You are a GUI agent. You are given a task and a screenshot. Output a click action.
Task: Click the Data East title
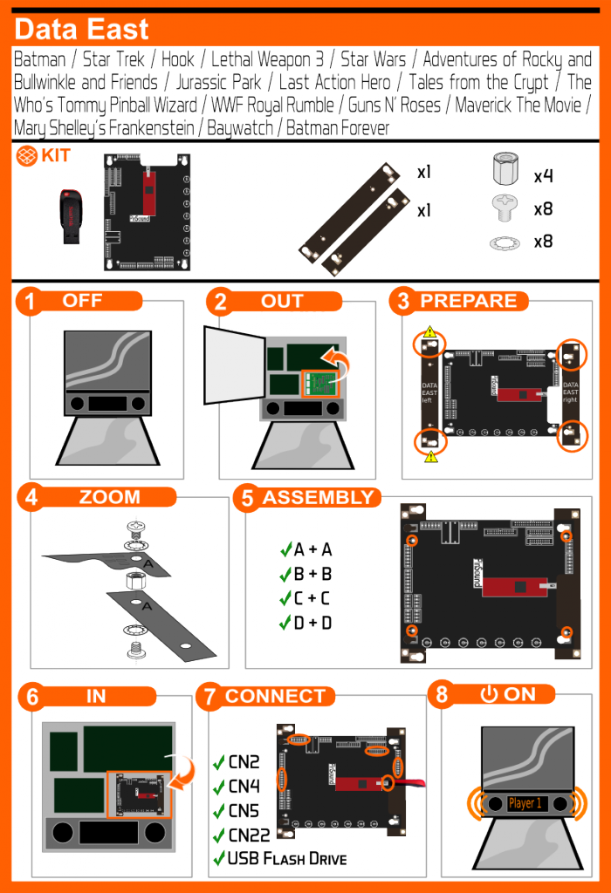coord(82,30)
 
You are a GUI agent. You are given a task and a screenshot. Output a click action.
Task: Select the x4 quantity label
coord(544,176)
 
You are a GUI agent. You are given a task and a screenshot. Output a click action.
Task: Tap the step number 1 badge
coord(31,303)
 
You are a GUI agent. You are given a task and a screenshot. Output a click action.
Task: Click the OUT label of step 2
coord(282,302)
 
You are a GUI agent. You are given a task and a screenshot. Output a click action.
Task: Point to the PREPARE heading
coord(469,302)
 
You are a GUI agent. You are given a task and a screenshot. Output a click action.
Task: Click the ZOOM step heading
coord(109,497)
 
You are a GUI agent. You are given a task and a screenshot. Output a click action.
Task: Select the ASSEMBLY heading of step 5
coord(318,498)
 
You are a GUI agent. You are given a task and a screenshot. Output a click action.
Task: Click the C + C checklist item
coord(312,598)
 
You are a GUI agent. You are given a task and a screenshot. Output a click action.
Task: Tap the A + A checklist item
coord(312,549)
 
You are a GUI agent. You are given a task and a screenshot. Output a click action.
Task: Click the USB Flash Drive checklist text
coord(286,859)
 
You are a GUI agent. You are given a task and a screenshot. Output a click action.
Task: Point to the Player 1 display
coord(526,803)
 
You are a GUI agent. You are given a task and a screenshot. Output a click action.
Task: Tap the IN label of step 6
coord(96,696)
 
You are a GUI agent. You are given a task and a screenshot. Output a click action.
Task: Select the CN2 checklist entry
coord(244,762)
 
